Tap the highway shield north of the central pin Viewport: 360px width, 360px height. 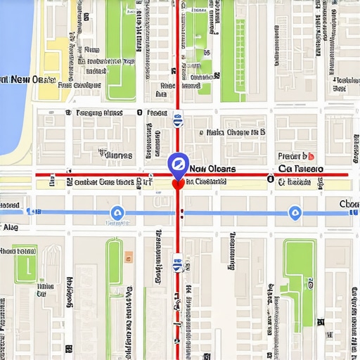pos(177,120)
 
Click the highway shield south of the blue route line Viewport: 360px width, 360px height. pos(178,263)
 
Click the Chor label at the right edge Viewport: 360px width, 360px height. pos(349,204)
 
